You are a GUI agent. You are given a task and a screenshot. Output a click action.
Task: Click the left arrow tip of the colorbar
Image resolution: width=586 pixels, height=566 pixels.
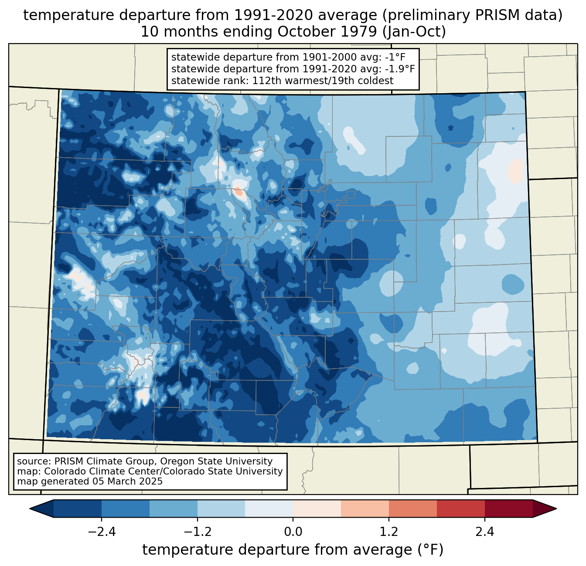pyautogui.click(x=30, y=509)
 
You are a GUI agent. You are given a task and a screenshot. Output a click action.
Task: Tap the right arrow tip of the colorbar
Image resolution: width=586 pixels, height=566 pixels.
pyautogui.click(x=556, y=509)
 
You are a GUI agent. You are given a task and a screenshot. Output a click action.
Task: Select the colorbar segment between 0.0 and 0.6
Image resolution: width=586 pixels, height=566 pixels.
pyautogui.click(x=317, y=509)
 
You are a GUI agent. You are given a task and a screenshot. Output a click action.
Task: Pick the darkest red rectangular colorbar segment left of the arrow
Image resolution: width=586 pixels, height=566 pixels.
pyautogui.click(x=509, y=509)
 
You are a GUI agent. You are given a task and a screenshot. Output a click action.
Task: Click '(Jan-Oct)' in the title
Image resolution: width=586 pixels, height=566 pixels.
pyautogui.click(x=414, y=32)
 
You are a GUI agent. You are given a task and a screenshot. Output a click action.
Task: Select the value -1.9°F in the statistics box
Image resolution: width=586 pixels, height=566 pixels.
pyautogui.click(x=400, y=69)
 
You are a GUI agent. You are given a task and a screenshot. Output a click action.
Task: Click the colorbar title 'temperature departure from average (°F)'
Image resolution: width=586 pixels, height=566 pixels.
pyautogui.click(x=293, y=550)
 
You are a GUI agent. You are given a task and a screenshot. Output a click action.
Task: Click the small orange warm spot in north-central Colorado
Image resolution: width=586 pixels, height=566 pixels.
pyautogui.click(x=238, y=191)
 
